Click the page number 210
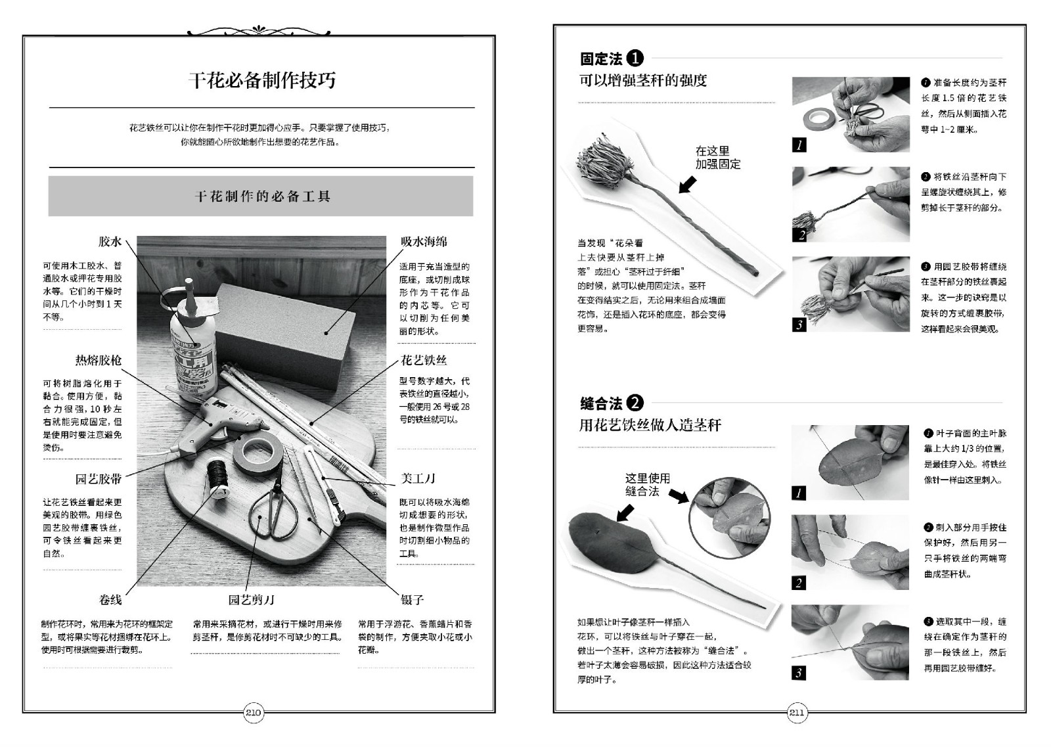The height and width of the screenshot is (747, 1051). point(254,713)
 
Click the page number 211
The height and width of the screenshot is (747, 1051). point(797,713)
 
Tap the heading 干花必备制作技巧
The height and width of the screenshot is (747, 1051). point(262,80)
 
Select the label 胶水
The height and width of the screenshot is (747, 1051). point(110,242)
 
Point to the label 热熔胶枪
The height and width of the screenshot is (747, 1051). point(99,361)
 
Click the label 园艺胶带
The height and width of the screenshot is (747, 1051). point(99,479)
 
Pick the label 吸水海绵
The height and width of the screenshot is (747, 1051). point(424,242)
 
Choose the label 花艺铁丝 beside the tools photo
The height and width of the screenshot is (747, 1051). point(424,361)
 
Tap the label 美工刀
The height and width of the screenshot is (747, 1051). point(418,478)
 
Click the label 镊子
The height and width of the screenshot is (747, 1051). point(413,600)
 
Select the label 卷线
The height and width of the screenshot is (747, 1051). point(110,600)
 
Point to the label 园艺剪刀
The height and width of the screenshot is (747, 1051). point(252,600)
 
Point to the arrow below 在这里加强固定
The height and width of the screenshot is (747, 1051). point(688,185)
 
